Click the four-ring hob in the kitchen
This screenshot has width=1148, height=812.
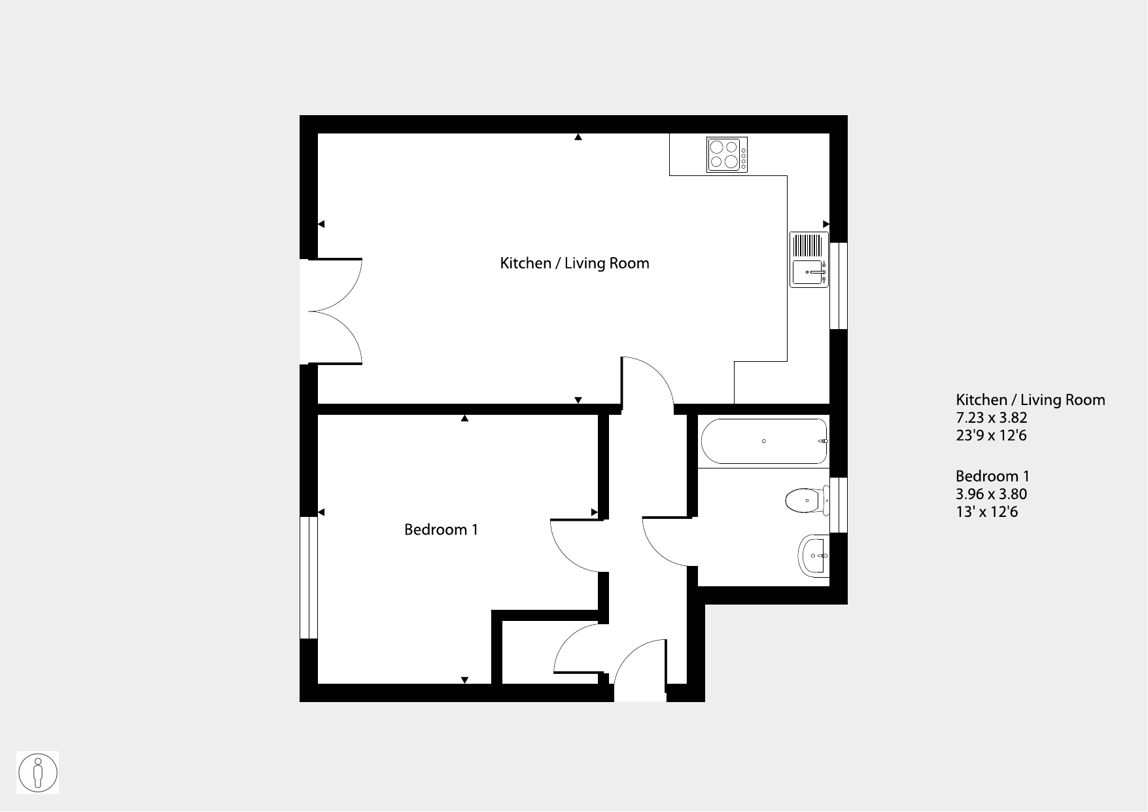click(x=727, y=155)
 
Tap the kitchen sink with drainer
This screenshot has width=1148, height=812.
click(x=809, y=259)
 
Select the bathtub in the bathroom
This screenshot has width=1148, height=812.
click(x=764, y=441)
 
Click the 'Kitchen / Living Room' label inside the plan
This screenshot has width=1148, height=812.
click(x=574, y=263)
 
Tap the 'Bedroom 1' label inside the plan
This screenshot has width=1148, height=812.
click(x=441, y=529)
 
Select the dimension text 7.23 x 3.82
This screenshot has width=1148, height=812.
click(x=991, y=417)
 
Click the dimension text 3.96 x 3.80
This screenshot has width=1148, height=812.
click(x=991, y=494)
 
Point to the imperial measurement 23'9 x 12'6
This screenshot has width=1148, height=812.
click(x=991, y=435)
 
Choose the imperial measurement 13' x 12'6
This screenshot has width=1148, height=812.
click(x=986, y=512)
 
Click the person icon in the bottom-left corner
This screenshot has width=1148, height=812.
click(x=38, y=773)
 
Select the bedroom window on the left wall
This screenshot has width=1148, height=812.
click(x=309, y=578)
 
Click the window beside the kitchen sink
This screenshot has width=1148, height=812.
click(x=839, y=286)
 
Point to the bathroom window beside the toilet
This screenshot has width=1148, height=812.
click(x=839, y=505)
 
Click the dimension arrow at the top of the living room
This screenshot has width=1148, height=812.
click(x=578, y=137)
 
